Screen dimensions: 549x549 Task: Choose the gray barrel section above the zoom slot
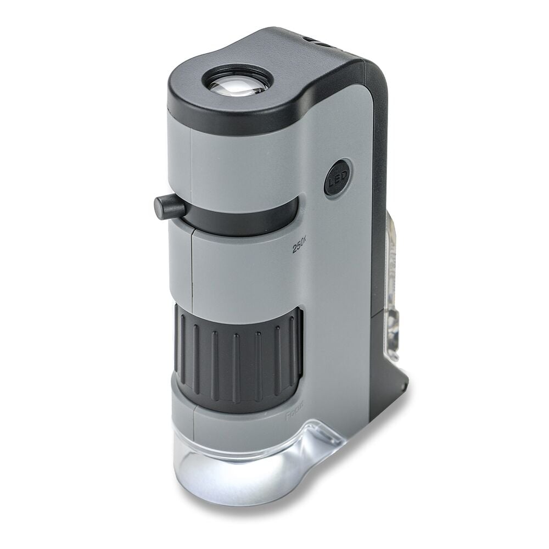242,159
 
